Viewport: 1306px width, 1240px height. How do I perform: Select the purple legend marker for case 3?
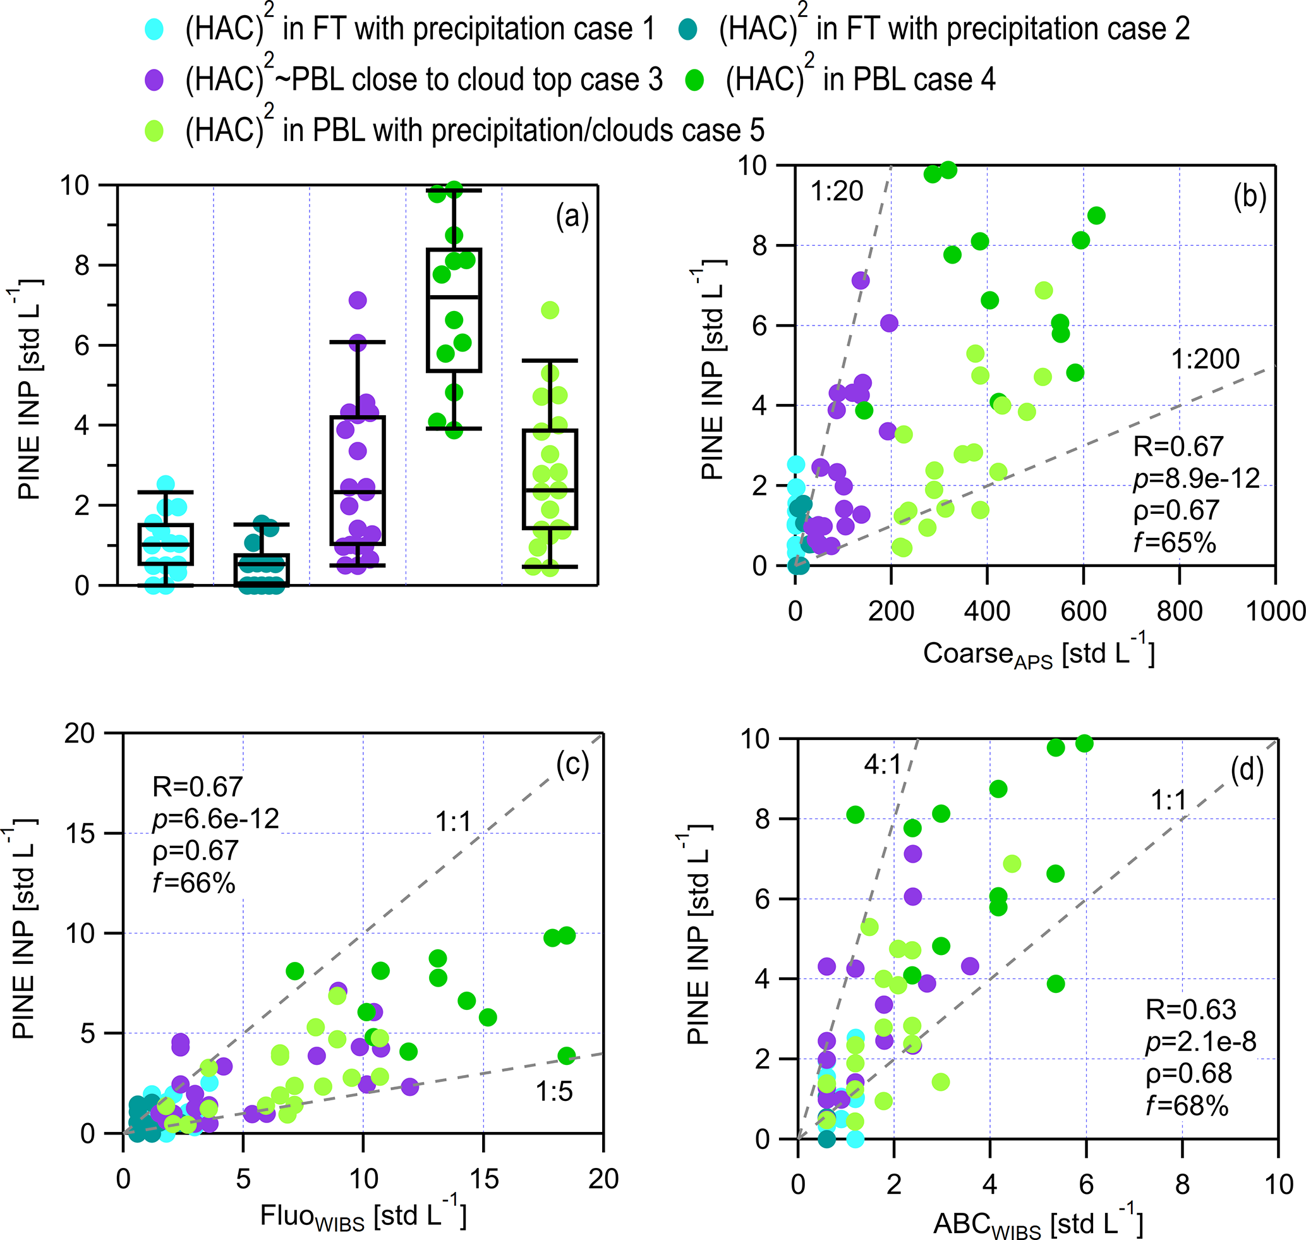(154, 81)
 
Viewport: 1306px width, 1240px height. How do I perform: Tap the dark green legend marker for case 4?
(694, 81)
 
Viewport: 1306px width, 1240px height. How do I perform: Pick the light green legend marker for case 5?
(154, 131)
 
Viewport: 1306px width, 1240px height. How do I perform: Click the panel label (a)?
(572, 216)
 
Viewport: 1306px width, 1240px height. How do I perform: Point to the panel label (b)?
(1249, 197)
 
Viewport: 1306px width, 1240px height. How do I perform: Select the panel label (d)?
(1247, 770)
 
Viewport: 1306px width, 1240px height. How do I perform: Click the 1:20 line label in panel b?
(837, 191)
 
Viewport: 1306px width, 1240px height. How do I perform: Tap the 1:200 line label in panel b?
(1205, 360)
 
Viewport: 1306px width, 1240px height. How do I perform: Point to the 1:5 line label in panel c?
(554, 1092)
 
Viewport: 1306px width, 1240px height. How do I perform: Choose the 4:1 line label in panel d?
(882, 765)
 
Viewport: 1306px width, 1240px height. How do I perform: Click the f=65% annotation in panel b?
(1175, 543)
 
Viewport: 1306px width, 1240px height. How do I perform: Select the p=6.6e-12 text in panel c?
(215, 819)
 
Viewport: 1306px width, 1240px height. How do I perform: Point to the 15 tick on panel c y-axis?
(80, 834)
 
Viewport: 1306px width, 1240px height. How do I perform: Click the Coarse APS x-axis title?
(1037, 654)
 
